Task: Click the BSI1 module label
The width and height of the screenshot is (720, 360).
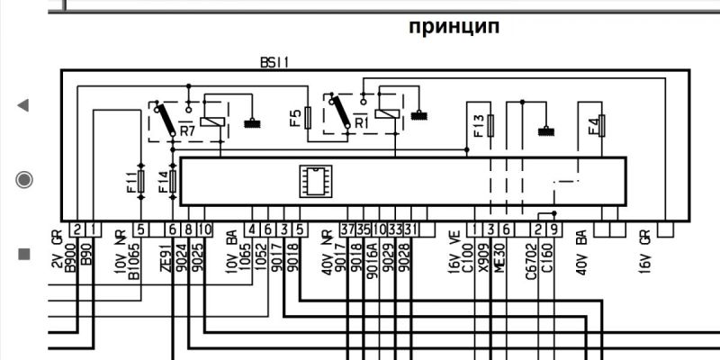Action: pos(274,63)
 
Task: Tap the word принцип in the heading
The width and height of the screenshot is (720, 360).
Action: pos(454,27)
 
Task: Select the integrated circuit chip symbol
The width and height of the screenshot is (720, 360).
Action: pos(315,180)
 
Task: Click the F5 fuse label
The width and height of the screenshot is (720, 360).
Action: pos(295,117)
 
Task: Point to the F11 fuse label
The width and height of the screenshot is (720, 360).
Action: pos(130,180)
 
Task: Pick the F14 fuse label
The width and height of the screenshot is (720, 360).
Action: pos(163,182)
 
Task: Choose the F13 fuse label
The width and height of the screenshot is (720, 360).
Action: pos(479,125)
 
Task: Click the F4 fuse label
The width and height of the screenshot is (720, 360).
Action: pos(593,125)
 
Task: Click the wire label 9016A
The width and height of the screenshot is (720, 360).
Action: pos(371,261)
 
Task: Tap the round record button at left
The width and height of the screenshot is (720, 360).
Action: pos(23,179)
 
